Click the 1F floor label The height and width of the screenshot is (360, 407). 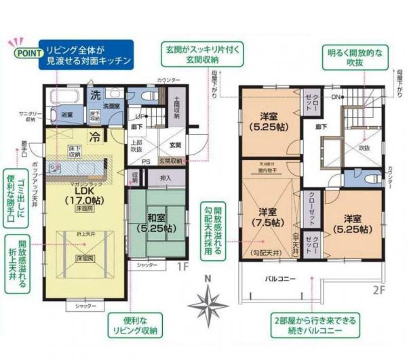183,266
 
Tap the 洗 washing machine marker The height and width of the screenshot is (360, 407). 96,93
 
